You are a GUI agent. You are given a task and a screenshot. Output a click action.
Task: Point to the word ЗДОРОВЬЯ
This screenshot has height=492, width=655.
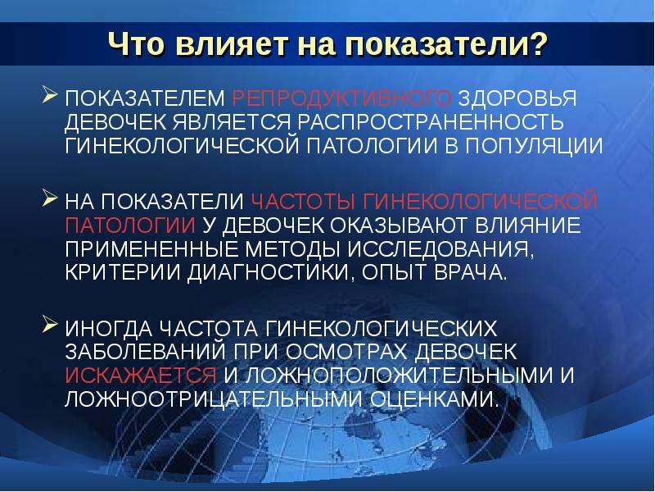[x=517, y=98]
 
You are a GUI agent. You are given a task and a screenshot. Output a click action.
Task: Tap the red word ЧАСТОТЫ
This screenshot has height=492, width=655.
[x=303, y=201]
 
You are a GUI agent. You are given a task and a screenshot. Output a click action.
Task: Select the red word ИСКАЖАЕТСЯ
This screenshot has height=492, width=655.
[x=141, y=376]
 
